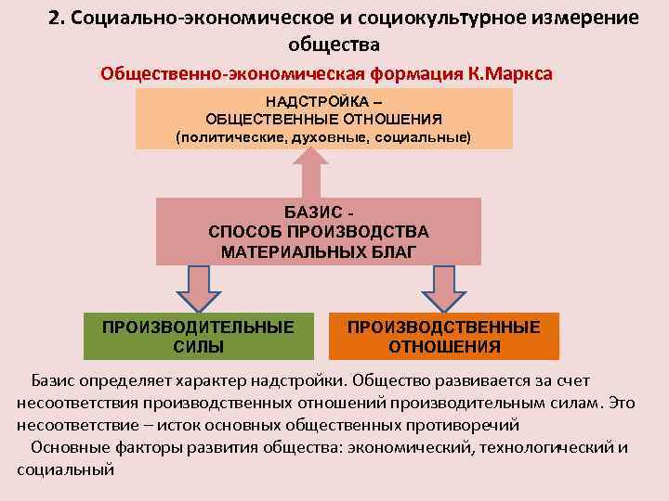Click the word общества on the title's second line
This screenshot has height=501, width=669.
[335, 45]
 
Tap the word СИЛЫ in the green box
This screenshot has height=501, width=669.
[198, 347]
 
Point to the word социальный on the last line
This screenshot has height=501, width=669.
[65, 469]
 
